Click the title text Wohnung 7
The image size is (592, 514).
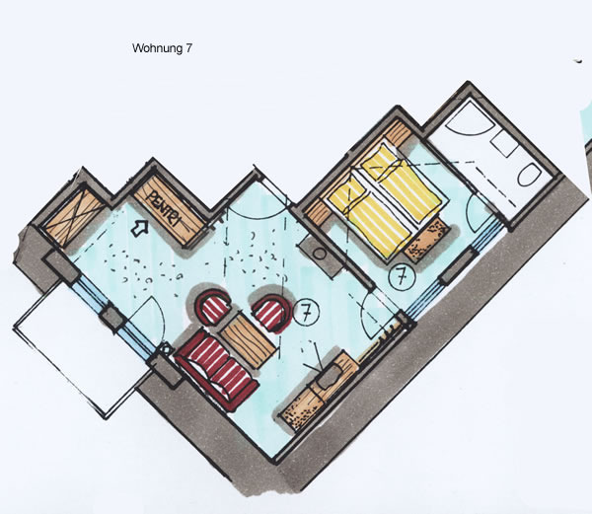click(162, 48)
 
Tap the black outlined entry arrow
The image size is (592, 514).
click(139, 228)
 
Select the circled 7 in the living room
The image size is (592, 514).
click(307, 312)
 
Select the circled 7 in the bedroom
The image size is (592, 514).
click(402, 277)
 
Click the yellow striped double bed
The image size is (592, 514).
click(385, 201)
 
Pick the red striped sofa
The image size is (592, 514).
click(216, 368)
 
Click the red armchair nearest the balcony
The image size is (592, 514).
click(212, 307)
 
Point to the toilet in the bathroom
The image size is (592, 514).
click(530, 175)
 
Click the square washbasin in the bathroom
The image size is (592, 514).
click(503, 144)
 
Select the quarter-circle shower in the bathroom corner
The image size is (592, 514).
click(467, 118)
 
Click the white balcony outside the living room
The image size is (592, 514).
click(83, 349)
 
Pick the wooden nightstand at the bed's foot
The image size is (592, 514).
click(427, 240)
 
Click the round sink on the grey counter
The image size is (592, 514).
click(320, 254)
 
